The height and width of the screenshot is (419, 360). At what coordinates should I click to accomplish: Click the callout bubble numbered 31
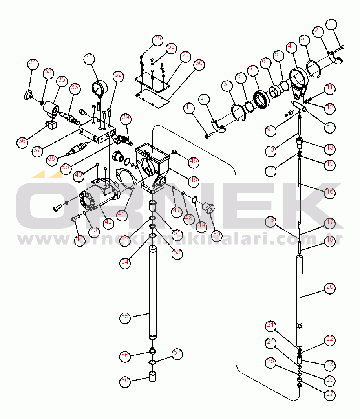89,58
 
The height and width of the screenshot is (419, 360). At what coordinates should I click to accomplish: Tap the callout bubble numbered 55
125,317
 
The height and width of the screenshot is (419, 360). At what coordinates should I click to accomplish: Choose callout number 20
330,287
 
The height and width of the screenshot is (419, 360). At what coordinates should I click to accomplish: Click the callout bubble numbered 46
193,181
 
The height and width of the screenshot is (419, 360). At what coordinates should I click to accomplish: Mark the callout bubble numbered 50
216,236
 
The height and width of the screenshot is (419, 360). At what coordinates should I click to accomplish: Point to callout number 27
330,395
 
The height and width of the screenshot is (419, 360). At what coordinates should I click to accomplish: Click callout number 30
199,64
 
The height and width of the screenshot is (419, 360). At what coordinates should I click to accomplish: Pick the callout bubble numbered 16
330,192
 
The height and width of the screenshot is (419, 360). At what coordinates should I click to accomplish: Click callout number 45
193,161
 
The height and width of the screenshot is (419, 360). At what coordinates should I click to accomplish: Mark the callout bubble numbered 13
330,148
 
